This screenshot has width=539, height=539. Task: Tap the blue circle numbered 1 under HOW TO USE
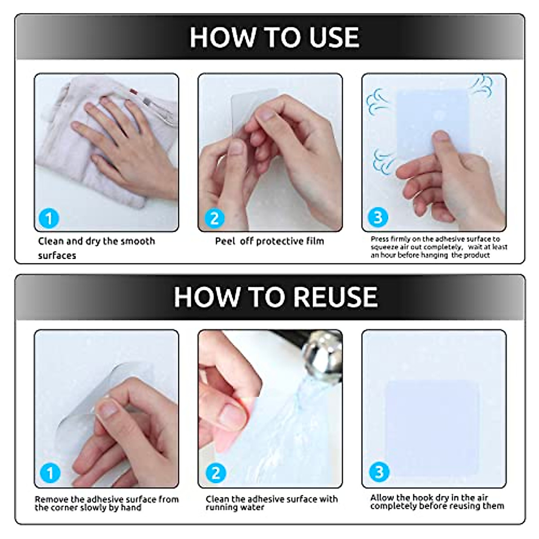point(49,218)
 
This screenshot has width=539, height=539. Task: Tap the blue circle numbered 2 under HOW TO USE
point(215,218)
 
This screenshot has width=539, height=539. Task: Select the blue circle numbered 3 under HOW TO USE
point(378,217)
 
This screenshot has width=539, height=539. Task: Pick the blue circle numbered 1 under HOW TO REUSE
point(50,473)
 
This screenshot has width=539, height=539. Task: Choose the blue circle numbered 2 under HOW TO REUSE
point(216,473)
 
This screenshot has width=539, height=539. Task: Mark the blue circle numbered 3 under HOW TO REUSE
point(379,472)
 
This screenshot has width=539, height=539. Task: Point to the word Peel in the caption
point(225,241)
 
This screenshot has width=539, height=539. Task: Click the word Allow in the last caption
point(382,498)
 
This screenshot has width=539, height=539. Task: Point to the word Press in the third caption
point(380,239)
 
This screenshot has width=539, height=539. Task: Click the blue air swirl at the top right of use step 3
point(482,85)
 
